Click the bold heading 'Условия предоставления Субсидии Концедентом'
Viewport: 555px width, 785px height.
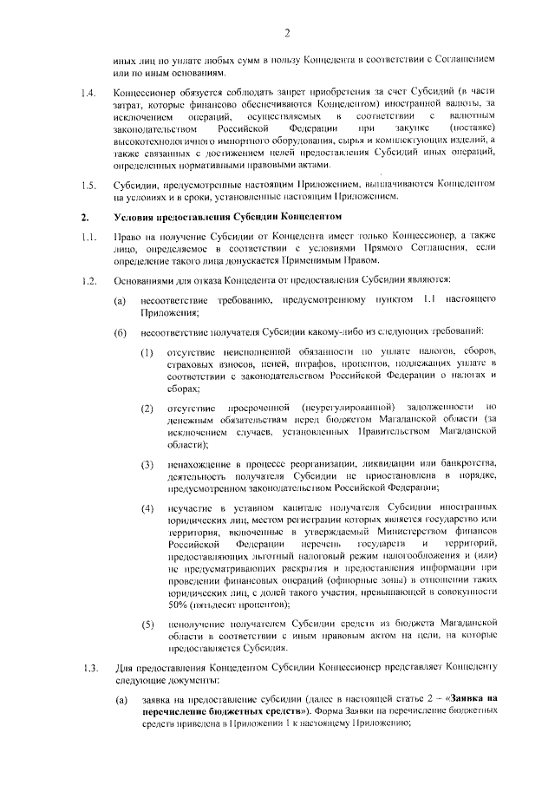tap(226, 215)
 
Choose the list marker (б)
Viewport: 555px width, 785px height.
tap(121, 333)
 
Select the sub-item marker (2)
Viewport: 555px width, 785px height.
tap(148, 407)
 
